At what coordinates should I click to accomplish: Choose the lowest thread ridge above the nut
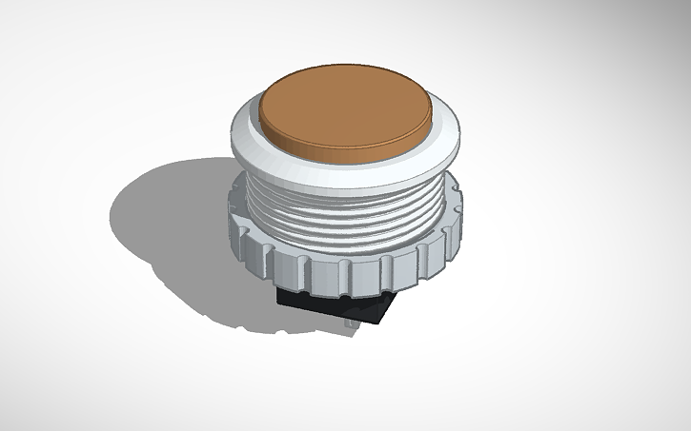pos(343,249)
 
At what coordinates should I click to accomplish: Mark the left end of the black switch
pos(280,297)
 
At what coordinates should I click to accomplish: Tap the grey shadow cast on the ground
pos(172,228)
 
